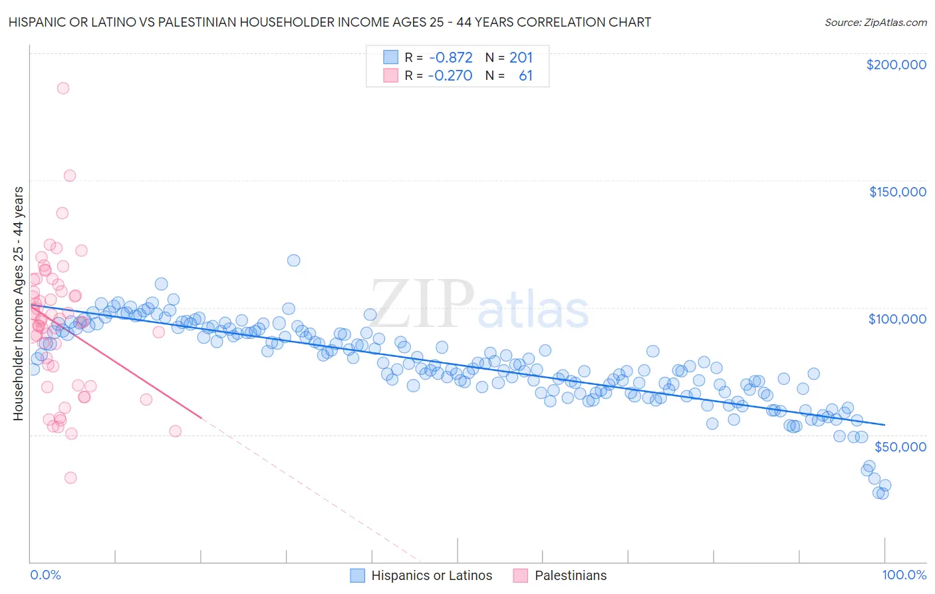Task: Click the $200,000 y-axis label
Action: click(x=896, y=65)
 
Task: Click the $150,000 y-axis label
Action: click(x=897, y=192)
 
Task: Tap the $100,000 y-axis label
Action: click(x=897, y=319)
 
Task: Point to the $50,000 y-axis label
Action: click(x=900, y=446)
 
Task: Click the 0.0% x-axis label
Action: click(x=46, y=575)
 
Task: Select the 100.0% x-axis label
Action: click(x=904, y=575)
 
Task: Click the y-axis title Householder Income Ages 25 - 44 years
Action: click(x=18, y=303)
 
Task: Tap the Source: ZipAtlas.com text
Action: click(x=875, y=22)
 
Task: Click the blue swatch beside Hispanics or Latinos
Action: click(x=358, y=575)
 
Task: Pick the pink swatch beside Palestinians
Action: click(x=521, y=575)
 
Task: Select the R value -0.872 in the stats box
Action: click(x=450, y=57)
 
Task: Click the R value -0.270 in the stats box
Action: click(x=450, y=75)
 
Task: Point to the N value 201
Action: click(x=521, y=57)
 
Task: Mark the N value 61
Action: click(x=525, y=75)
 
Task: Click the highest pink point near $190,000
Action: click(x=63, y=88)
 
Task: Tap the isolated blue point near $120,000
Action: click(x=293, y=260)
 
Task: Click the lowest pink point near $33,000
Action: click(x=70, y=477)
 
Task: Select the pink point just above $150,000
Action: click(x=70, y=176)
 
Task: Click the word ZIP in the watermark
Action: click(x=422, y=304)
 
